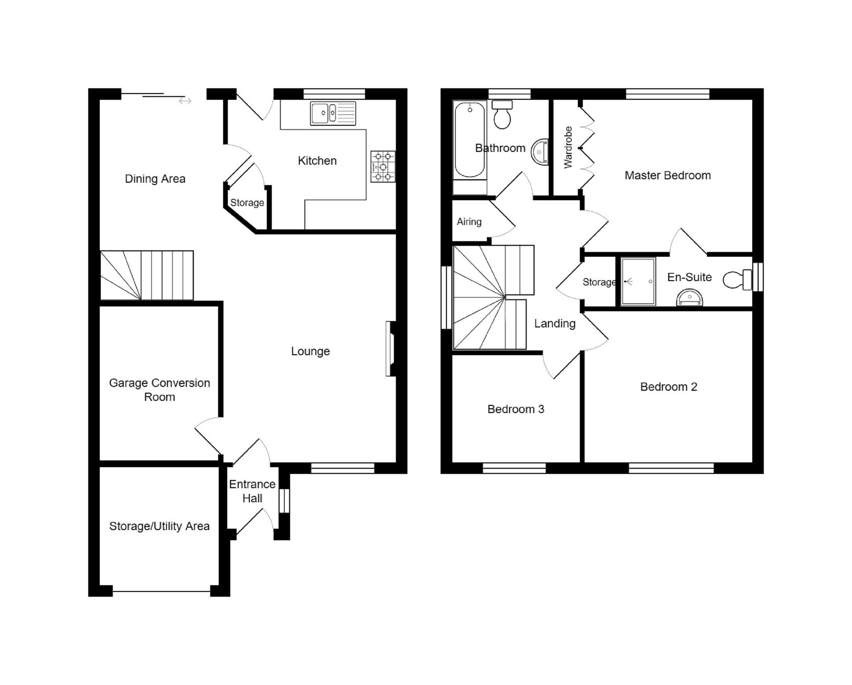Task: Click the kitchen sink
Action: click(x=333, y=113)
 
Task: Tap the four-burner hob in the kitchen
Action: click(x=383, y=167)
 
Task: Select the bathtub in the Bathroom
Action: click(x=469, y=140)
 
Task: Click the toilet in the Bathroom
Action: click(x=502, y=114)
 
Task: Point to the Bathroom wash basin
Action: click(x=540, y=151)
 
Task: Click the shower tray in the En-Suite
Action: click(x=638, y=281)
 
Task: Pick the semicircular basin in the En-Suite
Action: click(x=690, y=298)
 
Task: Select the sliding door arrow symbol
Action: click(x=185, y=101)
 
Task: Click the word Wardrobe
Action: click(x=568, y=148)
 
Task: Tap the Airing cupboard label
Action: click(x=469, y=221)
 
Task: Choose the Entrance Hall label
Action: click(x=252, y=491)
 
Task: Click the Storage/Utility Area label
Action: click(x=159, y=526)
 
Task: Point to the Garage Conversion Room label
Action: click(x=159, y=390)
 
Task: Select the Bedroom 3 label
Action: click(x=516, y=409)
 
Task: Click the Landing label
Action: click(x=555, y=323)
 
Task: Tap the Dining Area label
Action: click(x=155, y=179)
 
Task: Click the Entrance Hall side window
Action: click(x=284, y=501)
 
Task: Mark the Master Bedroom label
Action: click(x=668, y=175)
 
